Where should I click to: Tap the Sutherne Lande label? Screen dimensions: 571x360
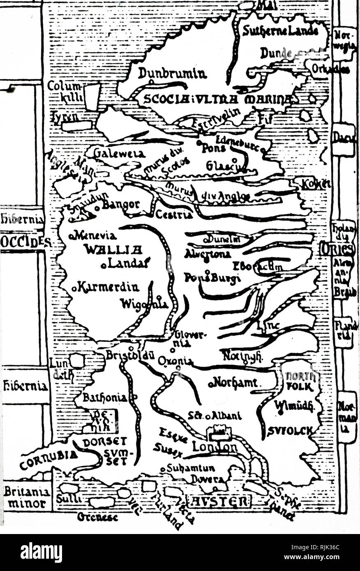(280, 30)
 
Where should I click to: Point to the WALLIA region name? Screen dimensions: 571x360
(113, 249)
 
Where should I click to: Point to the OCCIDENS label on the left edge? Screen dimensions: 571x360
(25, 242)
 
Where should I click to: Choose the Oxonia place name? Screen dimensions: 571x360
(175, 361)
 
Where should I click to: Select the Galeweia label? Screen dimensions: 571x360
(119, 154)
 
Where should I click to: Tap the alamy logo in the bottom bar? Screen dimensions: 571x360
(41, 552)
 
